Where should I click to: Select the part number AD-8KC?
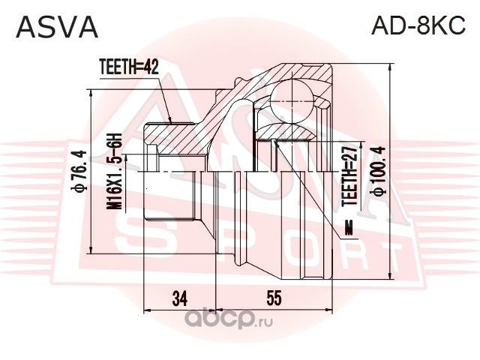point(418,25)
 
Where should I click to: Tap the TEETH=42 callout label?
point(129,67)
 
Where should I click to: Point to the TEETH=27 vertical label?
point(349,175)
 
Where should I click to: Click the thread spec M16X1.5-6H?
point(114,172)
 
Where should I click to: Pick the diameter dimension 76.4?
point(79,172)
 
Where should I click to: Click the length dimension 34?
point(180,298)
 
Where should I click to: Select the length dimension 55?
point(274,298)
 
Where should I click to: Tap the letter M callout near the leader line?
point(349,227)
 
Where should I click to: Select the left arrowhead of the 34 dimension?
point(148,310)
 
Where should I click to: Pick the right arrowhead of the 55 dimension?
point(328,310)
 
